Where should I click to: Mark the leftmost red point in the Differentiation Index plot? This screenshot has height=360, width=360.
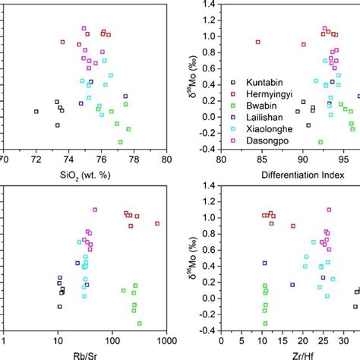258,42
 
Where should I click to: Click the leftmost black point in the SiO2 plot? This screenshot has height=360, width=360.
36,112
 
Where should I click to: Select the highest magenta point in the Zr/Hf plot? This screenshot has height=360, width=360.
329,210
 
